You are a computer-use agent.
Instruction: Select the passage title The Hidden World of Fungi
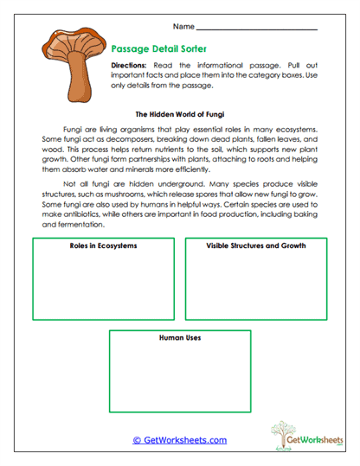[x=179, y=113]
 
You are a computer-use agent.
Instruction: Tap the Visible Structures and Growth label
[x=256, y=246]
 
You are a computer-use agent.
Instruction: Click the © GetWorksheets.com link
[x=179, y=439]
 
